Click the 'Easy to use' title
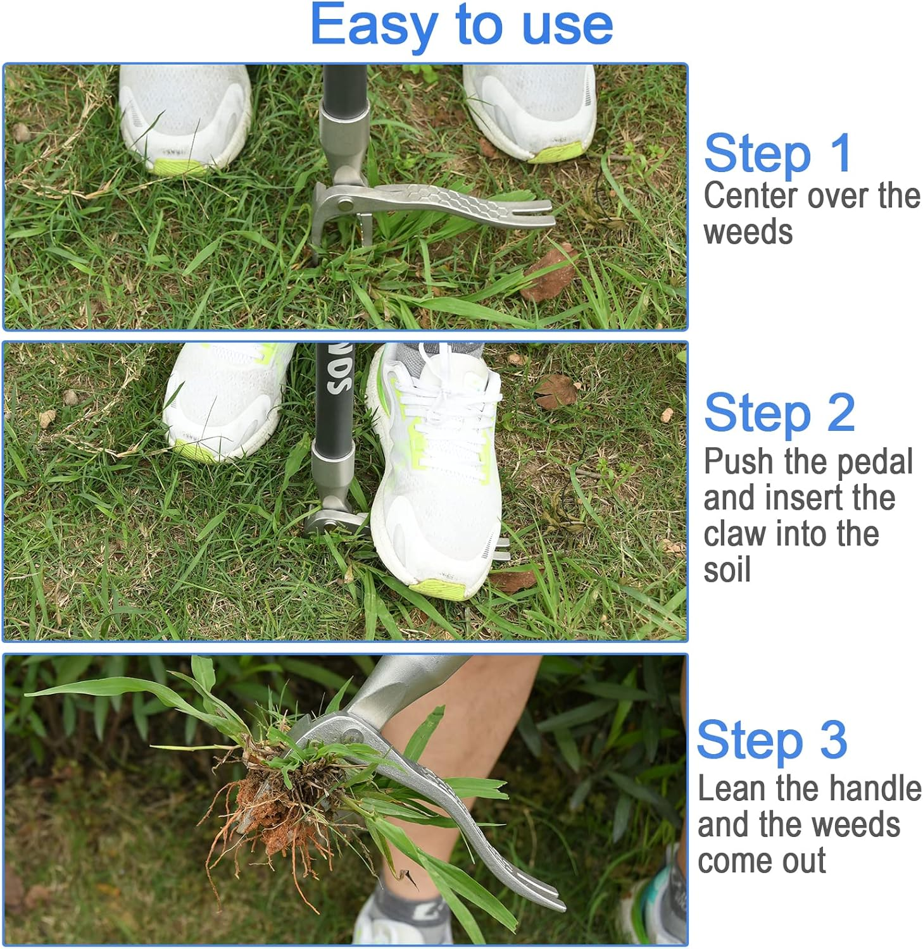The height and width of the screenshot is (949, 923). [x=461, y=25]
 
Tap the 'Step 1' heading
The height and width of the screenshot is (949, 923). [x=777, y=154]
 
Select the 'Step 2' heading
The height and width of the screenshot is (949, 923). [x=779, y=413]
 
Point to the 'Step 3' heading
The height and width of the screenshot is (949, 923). [x=772, y=740]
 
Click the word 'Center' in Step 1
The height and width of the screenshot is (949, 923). [x=750, y=195]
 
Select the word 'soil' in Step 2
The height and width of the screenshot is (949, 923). [x=727, y=569]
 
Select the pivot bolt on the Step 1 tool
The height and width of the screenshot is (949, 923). [x=345, y=204]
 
